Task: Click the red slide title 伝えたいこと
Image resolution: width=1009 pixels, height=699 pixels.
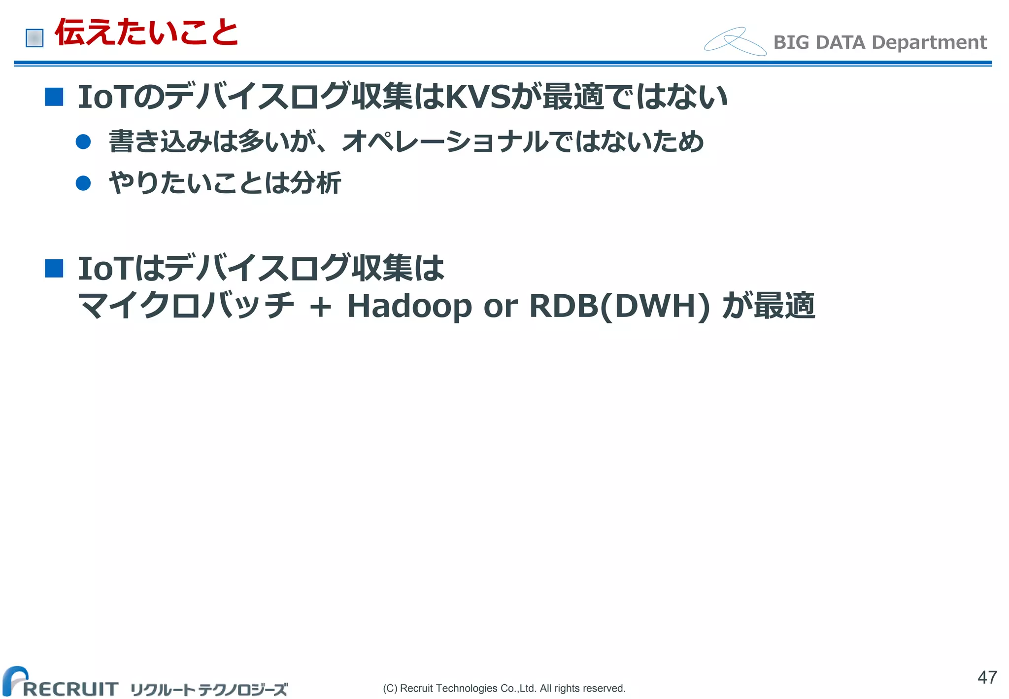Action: (146, 33)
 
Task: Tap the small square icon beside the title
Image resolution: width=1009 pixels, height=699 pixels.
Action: (34, 38)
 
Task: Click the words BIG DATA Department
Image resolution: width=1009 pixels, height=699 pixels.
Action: (880, 42)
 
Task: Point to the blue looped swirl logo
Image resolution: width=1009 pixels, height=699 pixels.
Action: (735, 41)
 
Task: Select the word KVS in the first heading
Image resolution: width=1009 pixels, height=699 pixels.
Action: (477, 97)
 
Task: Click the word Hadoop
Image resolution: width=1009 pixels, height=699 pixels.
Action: (409, 306)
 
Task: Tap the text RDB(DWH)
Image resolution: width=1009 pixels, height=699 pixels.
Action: (619, 306)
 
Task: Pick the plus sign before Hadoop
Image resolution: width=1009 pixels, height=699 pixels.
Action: (320, 307)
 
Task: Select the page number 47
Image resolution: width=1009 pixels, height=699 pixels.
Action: (987, 677)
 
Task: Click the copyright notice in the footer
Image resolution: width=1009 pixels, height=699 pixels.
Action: (504, 688)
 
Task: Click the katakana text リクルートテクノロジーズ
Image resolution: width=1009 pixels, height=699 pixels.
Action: (209, 689)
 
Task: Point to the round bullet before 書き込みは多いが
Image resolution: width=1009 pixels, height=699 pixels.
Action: (83, 142)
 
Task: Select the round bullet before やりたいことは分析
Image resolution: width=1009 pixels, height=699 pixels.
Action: (83, 183)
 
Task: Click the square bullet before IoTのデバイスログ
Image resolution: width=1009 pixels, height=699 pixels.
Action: (54, 97)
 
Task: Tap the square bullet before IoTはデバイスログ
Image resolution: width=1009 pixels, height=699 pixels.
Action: (54, 269)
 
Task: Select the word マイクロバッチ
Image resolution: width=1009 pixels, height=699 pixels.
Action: (186, 306)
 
